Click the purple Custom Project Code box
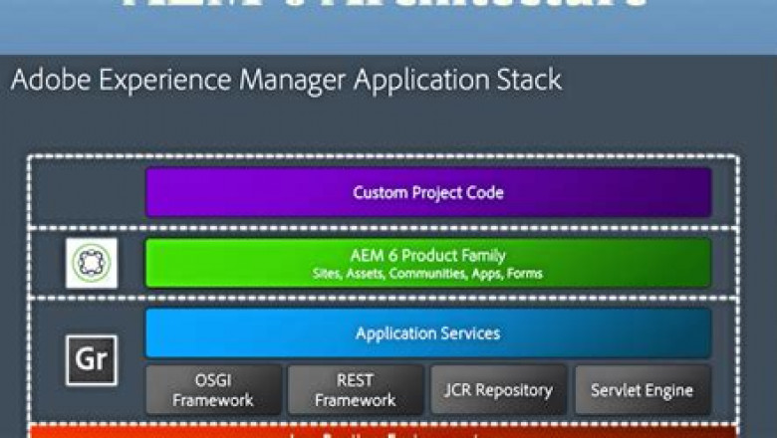(428, 192)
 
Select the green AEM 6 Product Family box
(428, 263)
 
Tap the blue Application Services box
(428, 332)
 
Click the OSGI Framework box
(213, 389)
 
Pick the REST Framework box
(356, 389)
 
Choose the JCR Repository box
(499, 389)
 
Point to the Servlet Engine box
(643, 389)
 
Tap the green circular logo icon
(92, 263)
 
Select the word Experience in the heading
(148, 80)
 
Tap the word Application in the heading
(409, 80)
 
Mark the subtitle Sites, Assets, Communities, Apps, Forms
(428, 273)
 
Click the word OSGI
(213, 380)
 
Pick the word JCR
(461, 389)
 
